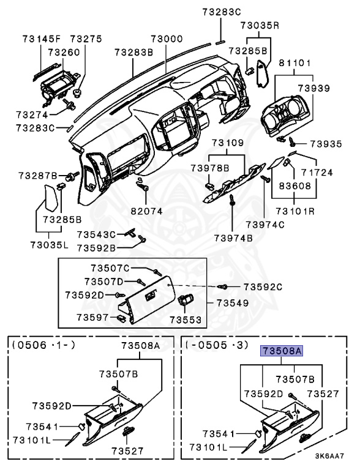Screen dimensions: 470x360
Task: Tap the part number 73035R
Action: pos(259,26)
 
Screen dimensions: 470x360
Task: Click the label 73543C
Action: pos(96,234)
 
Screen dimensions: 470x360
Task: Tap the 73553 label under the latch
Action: pos(186,319)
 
